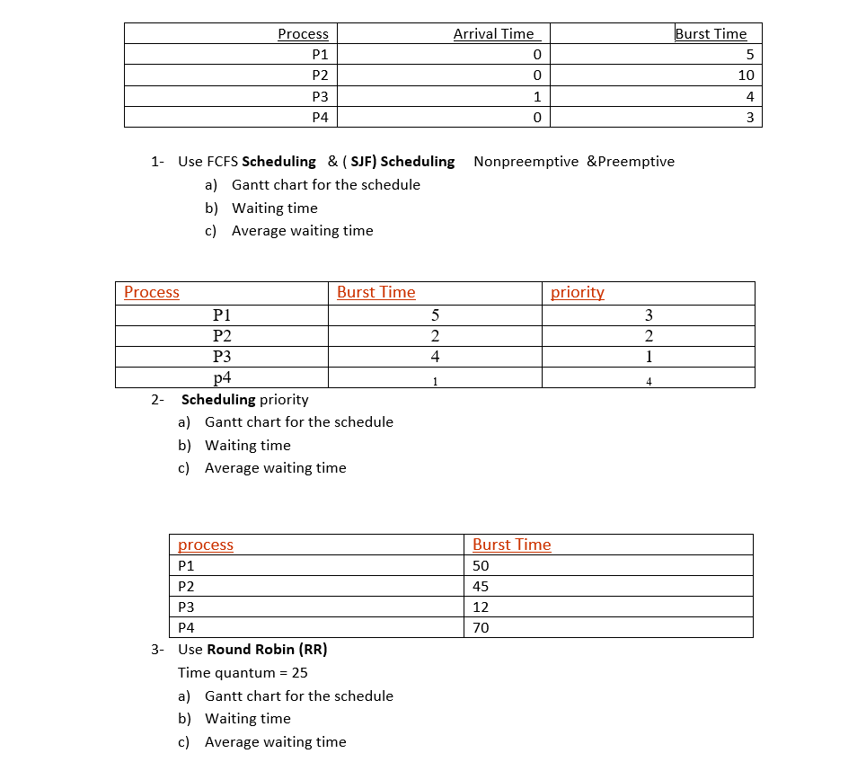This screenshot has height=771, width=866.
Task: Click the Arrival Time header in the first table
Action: point(493,34)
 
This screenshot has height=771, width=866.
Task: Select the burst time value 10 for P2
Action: point(746,75)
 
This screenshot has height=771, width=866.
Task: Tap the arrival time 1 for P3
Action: point(536,97)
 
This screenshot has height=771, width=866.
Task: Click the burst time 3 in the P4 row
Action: point(749,118)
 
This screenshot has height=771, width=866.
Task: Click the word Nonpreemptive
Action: point(526,162)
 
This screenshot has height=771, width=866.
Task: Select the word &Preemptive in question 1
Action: point(631,162)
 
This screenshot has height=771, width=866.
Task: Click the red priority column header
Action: point(577,292)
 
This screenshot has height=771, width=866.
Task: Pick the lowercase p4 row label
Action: point(222,377)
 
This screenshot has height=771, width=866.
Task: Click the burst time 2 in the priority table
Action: point(435,336)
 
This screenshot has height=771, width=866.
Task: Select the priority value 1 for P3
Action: point(649,357)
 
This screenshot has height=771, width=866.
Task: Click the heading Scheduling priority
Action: point(244,399)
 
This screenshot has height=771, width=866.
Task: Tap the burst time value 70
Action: point(481,628)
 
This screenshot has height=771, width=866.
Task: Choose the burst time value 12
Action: point(481,607)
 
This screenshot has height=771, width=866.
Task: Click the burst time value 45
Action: point(481,587)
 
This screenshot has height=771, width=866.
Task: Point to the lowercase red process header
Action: point(206,545)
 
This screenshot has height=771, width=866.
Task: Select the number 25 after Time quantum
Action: point(300,673)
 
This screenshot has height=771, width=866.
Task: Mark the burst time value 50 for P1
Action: point(481,566)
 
